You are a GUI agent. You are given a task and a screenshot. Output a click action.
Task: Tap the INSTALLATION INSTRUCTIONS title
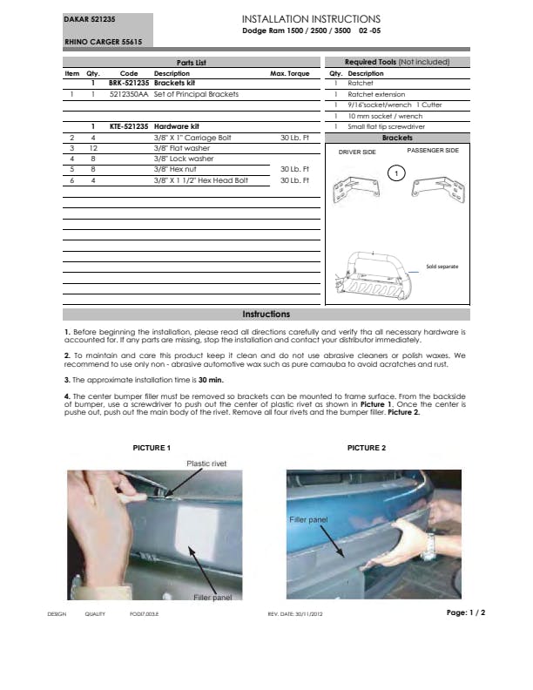pyautogui.click(x=310, y=19)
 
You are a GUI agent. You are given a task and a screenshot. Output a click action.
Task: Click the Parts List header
pyautogui.click(x=191, y=63)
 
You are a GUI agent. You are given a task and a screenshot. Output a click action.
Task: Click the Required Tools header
pyautogui.click(x=396, y=63)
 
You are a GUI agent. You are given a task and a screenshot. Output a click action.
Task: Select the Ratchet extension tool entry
pyautogui.click(x=376, y=94)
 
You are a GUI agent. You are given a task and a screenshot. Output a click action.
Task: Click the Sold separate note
pyautogui.click(x=442, y=266)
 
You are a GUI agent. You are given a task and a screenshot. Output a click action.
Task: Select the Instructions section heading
pyautogui.click(x=266, y=315)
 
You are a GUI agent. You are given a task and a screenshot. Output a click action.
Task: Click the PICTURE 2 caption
pyautogui.click(x=366, y=448)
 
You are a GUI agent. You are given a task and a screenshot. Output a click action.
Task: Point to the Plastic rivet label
pyautogui.click(x=206, y=464)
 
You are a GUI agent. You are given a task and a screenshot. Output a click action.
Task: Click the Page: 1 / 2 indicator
pyautogui.click(x=465, y=612)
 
